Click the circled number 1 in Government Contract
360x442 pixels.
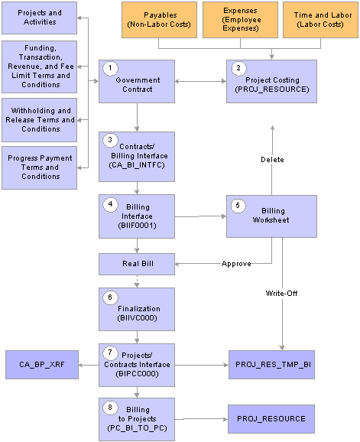point(110,68)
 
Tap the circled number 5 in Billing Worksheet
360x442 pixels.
point(238,206)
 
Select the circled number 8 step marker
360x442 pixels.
point(110,408)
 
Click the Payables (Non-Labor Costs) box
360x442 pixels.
point(159,20)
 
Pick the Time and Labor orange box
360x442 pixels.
point(320,20)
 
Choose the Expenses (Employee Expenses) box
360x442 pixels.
point(240,20)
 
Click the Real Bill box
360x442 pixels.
point(137,264)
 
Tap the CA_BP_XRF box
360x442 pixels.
point(42,365)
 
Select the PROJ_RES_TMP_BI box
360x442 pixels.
point(271,365)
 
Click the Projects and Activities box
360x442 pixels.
point(40,18)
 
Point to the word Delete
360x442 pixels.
point(272,160)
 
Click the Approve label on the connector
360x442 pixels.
point(236,264)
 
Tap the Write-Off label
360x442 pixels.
point(282,294)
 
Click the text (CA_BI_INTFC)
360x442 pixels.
point(137,165)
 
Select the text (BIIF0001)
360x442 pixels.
point(137,226)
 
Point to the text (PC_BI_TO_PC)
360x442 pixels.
point(137,428)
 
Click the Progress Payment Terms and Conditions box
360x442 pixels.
point(40,167)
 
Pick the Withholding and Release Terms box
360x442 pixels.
point(40,120)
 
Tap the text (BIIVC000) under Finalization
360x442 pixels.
point(137,318)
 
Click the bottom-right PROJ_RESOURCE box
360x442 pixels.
point(271,419)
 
